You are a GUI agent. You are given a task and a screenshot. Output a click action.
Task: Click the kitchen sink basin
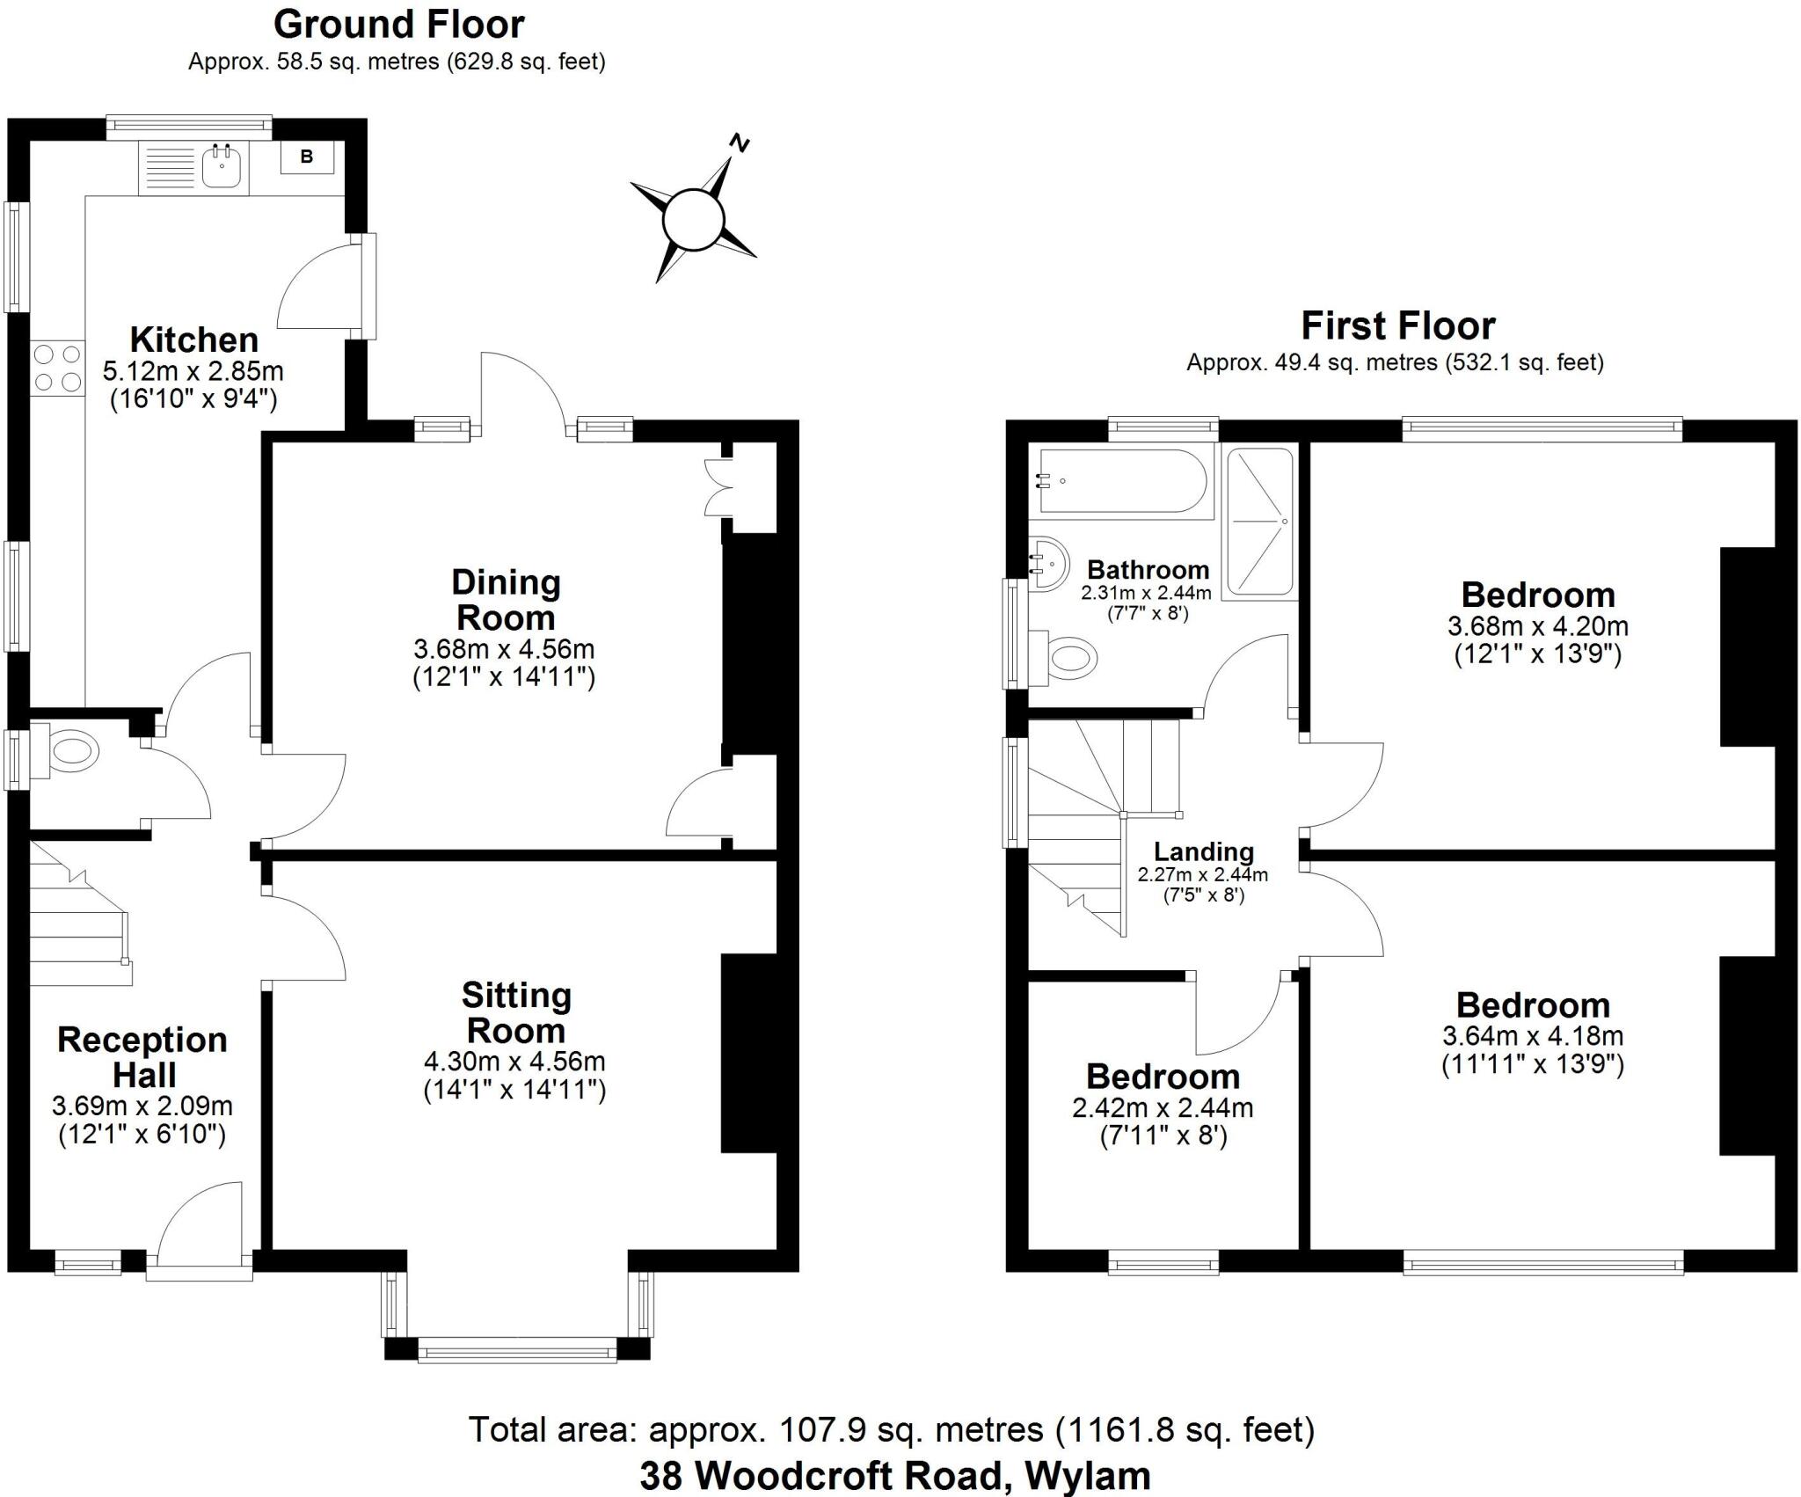coord(222,167)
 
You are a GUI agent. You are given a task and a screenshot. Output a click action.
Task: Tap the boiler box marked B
coord(307,157)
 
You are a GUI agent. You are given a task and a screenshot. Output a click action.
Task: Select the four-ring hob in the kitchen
coord(57,368)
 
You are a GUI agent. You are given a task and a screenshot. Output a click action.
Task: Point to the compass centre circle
coord(693,220)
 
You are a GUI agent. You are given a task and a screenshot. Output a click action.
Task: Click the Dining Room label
coord(506,600)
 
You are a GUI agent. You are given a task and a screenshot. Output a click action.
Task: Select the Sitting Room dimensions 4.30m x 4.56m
coord(514,1062)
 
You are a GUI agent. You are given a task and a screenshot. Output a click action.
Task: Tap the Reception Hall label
coord(142,1057)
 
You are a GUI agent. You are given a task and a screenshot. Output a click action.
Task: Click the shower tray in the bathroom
coord(1260,521)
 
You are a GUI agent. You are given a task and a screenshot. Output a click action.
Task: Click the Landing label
coord(1203,851)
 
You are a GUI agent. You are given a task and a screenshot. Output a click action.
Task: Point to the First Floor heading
coord(1397,325)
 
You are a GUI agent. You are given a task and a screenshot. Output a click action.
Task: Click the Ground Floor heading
coord(399,25)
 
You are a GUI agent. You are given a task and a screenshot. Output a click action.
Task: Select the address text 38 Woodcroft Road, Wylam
coord(894,1476)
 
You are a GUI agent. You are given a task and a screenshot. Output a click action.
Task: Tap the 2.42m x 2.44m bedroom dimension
coord(1163,1108)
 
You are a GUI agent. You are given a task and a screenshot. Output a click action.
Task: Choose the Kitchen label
coord(194,340)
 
